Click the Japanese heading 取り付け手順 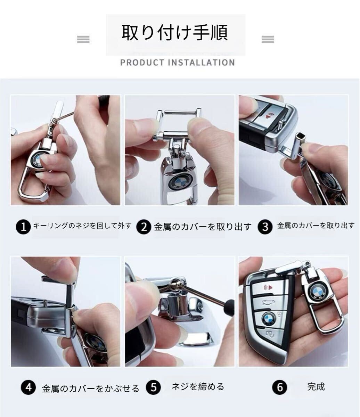click(x=175, y=33)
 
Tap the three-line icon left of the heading click(x=83, y=40)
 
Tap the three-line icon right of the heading click(x=268, y=40)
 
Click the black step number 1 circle click(x=23, y=227)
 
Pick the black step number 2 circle click(x=144, y=227)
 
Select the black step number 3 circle click(x=265, y=227)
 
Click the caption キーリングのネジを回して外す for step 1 click(x=82, y=226)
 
